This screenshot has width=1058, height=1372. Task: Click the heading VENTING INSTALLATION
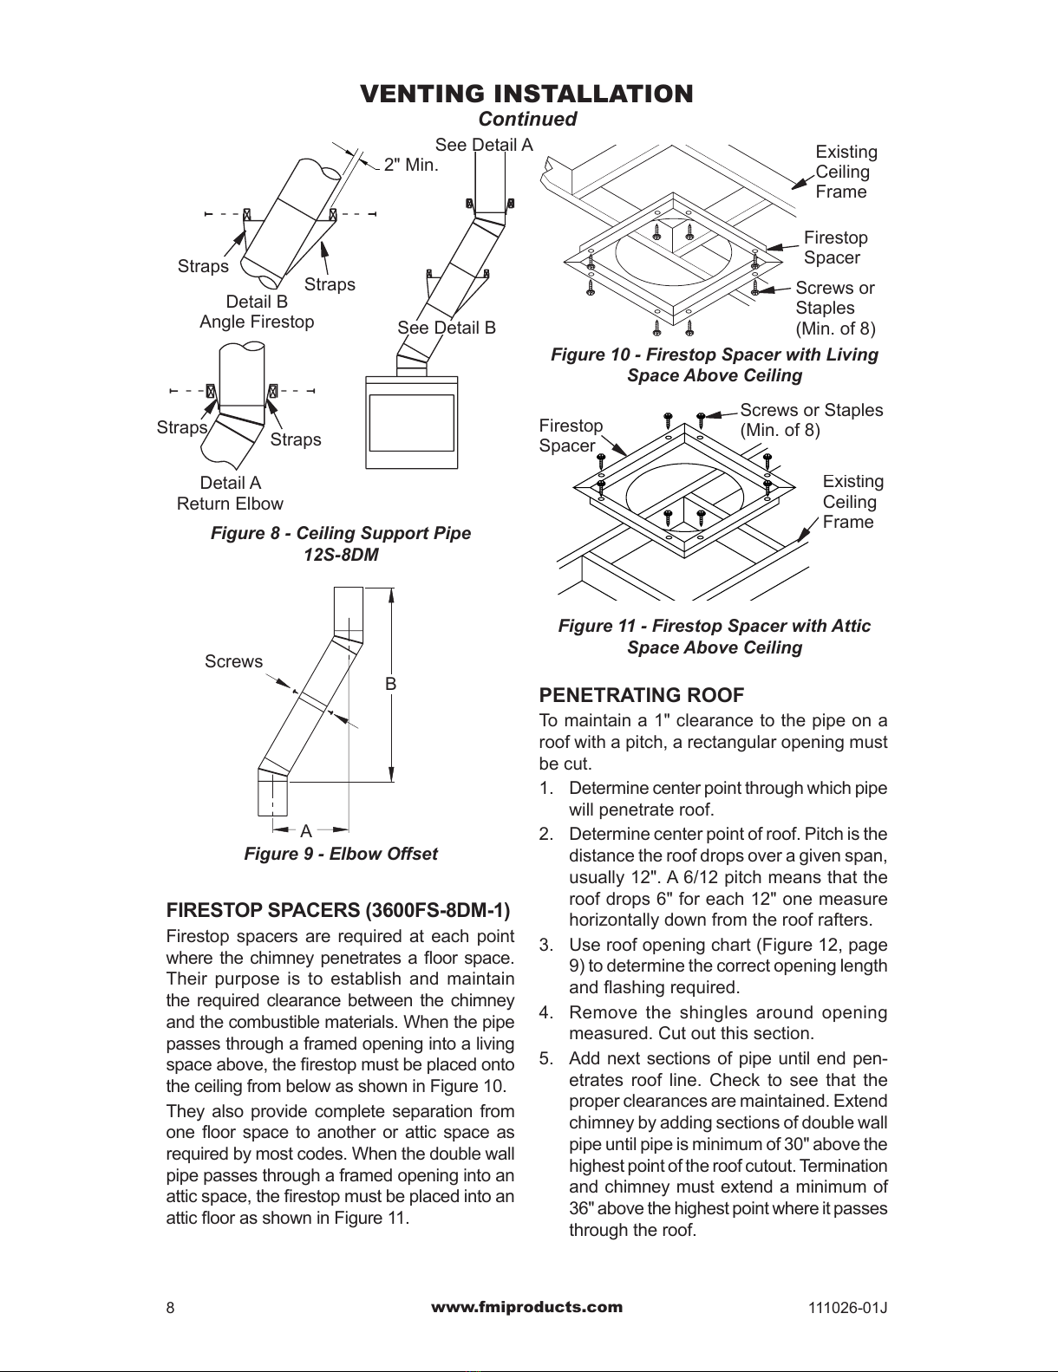point(526,94)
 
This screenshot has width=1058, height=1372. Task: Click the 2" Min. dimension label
point(411,165)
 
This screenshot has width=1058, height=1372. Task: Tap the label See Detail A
point(484,145)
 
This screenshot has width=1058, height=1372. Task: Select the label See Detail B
point(447,328)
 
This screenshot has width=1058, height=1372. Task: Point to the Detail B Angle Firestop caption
point(257,312)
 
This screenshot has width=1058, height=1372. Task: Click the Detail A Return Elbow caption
point(230,493)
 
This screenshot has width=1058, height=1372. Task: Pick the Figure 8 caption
point(341,543)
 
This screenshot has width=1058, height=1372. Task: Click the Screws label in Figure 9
point(233,661)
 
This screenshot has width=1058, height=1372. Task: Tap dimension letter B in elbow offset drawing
point(391,684)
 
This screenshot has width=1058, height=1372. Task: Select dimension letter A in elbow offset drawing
point(305,831)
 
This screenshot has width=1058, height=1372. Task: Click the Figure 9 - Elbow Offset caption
point(341,854)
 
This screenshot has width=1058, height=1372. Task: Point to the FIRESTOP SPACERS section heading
point(338,911)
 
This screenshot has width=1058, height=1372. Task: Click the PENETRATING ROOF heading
point(642,695)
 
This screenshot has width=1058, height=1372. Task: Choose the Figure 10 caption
point(715,365)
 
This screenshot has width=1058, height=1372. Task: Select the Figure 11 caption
point(715,636)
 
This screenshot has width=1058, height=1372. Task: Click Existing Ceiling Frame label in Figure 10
point(846,172)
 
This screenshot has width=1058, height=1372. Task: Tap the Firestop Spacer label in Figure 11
point(570,435)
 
